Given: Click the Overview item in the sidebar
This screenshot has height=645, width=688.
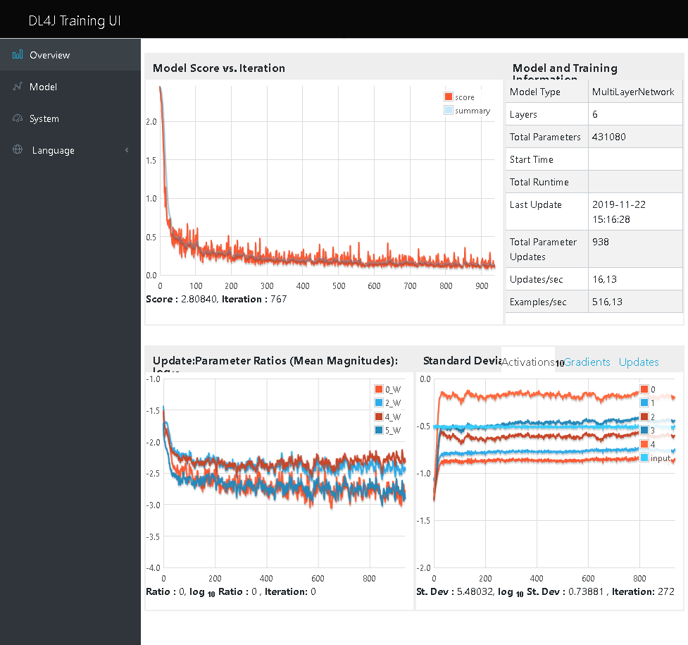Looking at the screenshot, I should [x=49, y=55].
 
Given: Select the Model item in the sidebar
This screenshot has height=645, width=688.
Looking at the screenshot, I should [x=43, y=87].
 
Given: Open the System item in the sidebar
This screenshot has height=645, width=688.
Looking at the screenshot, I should [x=44, y=118].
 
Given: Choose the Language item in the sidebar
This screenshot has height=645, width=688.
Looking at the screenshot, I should [x=53, y=150].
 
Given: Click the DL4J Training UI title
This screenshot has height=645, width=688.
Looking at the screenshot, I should [x=75, y=20].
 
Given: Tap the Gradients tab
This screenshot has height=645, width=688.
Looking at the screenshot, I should [x=587, y=362].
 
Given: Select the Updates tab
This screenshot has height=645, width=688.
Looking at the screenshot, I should [x=639, y=362].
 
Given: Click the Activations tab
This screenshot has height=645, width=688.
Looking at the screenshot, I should [x=527, y=362].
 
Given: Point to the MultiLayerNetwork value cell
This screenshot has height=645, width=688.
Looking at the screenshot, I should [x=633, y=92].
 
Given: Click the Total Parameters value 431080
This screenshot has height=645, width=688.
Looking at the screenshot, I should [x=608, y=137].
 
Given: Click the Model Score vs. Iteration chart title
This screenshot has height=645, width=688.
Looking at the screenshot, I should [x=219, y=68].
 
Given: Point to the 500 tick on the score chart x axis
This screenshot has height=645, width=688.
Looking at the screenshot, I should [x=339, y=286].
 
